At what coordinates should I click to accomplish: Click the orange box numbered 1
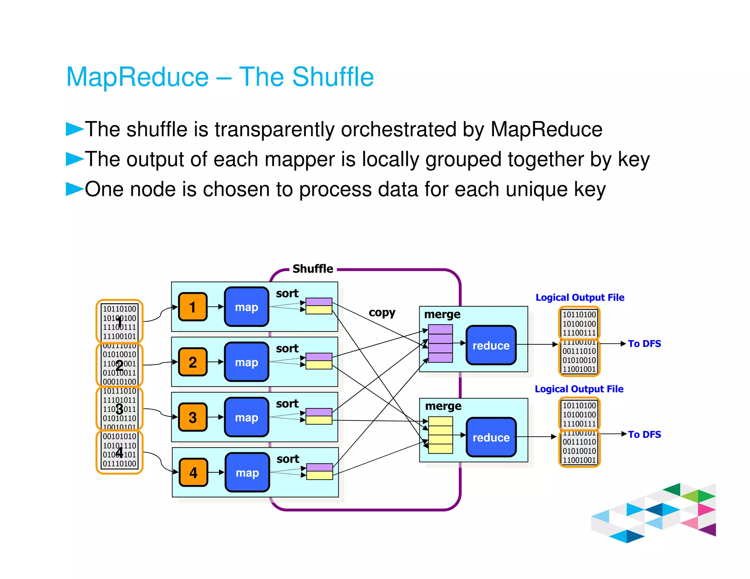(193, 307)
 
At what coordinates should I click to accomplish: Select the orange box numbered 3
(193, 418)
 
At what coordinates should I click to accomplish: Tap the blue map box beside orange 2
(246, 362)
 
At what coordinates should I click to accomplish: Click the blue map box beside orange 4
(247, 472)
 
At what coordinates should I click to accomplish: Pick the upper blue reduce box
(491, 345)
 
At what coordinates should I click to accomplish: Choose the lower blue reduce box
(491, 437)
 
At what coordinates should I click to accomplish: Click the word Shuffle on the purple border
(313, 269)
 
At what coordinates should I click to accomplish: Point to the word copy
(382, 313)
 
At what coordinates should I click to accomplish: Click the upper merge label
(442, 314)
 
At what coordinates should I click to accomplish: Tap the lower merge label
(443, 406)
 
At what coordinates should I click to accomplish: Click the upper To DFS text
(644, 344)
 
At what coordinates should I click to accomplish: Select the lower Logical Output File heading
(579, 389)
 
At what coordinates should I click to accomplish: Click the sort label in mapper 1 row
(287, 294)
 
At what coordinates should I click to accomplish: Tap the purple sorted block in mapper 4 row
(319, 467)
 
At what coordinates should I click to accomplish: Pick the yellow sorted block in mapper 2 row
(319, 365)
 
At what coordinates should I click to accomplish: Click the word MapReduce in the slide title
(137, 77)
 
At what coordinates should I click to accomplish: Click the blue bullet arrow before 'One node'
(74, 189)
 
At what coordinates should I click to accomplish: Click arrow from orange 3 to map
(215, 417)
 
